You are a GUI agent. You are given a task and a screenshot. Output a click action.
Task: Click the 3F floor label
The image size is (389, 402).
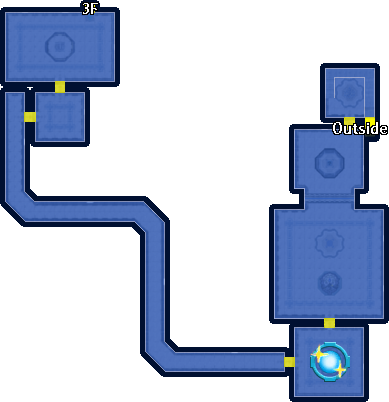[89, 9]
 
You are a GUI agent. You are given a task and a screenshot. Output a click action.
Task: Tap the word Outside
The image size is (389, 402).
[360, 129]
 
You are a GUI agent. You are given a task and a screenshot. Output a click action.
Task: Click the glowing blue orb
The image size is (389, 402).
[330, 362]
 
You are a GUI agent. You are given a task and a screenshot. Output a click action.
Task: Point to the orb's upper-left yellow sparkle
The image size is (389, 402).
[320, 354]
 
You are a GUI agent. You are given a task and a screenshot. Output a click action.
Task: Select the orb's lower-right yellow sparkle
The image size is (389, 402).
[340, 370]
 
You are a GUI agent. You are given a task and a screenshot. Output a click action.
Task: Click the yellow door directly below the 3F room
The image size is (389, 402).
[60, 87]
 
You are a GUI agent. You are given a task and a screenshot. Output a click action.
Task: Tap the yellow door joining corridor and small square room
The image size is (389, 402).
[30, 117]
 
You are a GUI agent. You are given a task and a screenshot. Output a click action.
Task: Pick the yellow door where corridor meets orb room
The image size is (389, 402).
[289, 362]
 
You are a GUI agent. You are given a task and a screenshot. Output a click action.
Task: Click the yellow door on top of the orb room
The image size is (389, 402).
[329, 323]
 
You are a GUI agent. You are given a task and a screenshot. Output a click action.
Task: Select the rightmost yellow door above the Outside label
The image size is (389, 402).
[370, 121]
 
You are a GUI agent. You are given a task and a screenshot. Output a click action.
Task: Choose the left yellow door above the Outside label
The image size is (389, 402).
[349, 120]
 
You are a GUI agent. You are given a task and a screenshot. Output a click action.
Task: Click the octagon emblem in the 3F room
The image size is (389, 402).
[60, 47]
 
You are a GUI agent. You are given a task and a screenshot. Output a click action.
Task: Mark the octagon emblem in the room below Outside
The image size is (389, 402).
[330, 163]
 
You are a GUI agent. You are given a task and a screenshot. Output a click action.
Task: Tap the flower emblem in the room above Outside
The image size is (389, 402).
[349, 92]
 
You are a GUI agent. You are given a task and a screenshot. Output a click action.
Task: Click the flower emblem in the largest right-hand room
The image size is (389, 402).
[330, 243]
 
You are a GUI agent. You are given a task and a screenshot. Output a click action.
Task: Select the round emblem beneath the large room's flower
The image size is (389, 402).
[330, 283]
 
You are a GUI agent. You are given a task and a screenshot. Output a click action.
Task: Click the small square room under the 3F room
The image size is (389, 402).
[60, 117]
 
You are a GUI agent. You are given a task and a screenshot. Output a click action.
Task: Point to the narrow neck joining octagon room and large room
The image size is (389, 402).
[329, 199]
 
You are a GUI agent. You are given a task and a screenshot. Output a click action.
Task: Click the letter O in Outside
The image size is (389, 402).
[338, 129]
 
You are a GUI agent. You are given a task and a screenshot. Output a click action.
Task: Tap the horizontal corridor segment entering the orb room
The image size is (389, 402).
[230, 361]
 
